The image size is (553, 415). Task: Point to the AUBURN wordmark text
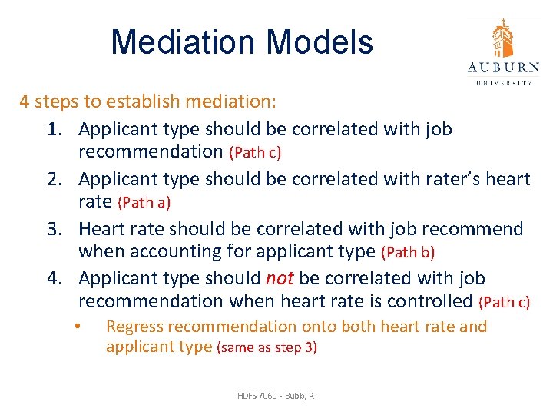coord(503,68)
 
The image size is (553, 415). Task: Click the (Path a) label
coord(144,203)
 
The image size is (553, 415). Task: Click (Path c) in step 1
coord(255,153)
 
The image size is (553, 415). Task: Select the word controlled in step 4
coord(428,300)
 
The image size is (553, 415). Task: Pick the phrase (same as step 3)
coord(267,347)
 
